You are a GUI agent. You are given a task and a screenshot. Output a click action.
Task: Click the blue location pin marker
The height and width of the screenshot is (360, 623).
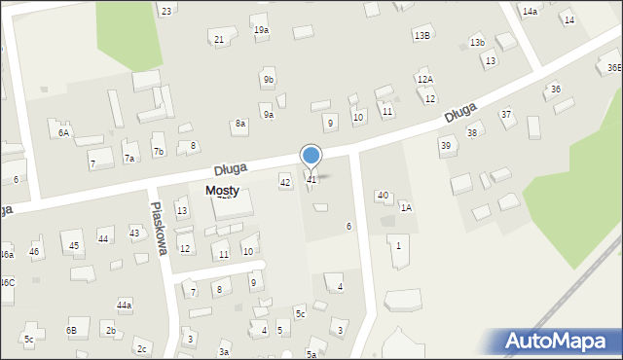(311, 156)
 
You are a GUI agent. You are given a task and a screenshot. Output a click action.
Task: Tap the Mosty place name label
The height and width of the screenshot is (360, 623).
(223, 192)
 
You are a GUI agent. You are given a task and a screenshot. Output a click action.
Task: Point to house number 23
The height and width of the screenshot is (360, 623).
(166, 11)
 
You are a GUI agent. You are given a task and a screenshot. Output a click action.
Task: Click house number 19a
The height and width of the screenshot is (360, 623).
(261, 30)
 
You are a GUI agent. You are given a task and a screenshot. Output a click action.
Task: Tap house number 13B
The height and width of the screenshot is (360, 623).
(421, 35)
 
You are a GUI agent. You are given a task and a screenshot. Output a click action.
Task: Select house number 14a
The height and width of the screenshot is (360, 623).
(530, 11)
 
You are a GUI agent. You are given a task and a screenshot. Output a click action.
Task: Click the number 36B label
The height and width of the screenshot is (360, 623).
(613, 68)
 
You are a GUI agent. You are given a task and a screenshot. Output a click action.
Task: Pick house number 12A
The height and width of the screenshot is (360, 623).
(424, 79)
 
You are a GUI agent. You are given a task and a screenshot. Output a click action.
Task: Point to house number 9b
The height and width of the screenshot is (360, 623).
(268, 79)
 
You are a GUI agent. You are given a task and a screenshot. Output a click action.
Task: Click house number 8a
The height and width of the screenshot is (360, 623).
(239, 124)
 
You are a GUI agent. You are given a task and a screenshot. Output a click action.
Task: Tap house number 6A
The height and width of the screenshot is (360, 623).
(63, 132)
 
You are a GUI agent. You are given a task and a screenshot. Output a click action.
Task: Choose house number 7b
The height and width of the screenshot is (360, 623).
(158, 151)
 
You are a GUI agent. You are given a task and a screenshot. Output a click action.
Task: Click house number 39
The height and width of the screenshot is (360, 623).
(445, 145)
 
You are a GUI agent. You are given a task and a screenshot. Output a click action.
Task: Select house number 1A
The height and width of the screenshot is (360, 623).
(406, 207)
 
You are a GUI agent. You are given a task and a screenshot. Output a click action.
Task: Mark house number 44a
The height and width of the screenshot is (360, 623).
(124, 305)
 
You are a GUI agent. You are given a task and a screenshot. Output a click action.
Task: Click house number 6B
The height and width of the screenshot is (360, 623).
(71, 330)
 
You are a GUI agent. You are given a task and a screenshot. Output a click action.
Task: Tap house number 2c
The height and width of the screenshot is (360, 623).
(141, 348)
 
